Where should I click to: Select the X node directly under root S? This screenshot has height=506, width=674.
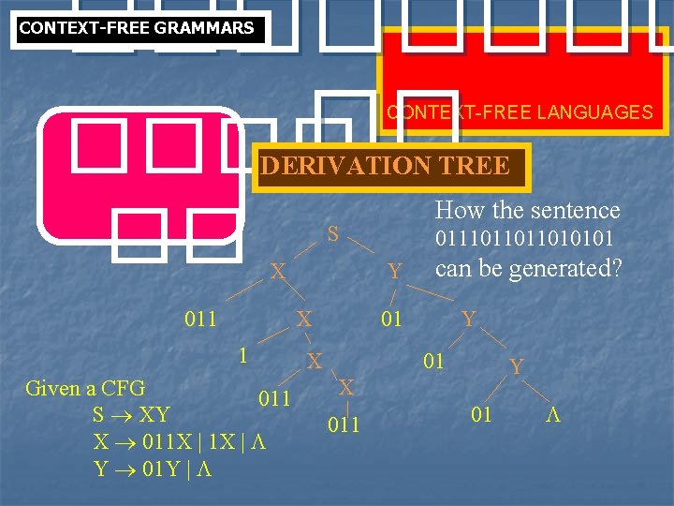tap(277, 272)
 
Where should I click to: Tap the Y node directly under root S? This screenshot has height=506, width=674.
tap(395, 272)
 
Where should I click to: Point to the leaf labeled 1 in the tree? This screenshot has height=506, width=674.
tap(242, 355)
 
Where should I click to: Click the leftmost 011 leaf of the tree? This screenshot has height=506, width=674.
tap(200, 319)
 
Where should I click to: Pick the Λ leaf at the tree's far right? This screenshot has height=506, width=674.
tap(552, 414)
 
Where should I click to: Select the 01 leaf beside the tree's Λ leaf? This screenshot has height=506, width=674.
tap(481, 414)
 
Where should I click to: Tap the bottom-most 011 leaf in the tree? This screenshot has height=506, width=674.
tap(344, 426)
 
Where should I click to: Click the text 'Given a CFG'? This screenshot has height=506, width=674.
tap(85, 387)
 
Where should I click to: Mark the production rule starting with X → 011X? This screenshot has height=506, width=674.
tap(180, 441)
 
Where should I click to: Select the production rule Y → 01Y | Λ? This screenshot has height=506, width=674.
tap(152, 469)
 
